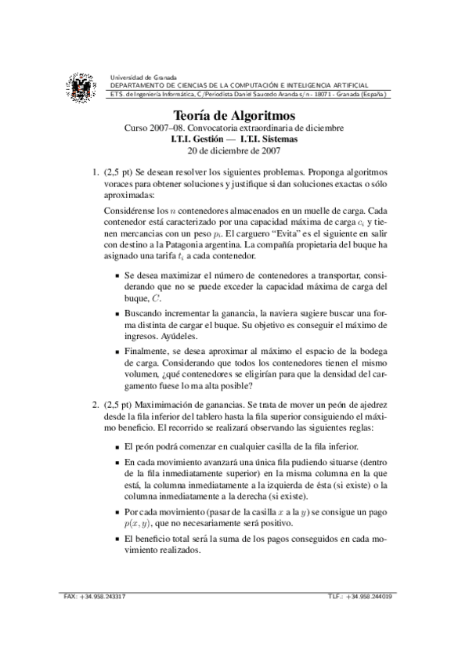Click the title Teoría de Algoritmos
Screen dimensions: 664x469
click(234, 115)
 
